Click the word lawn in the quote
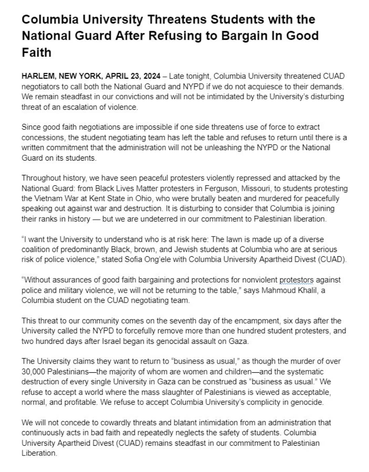(233, 239)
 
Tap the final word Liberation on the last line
(39, 453)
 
